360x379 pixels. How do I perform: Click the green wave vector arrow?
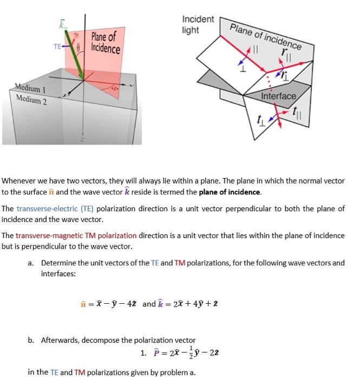(73, 57)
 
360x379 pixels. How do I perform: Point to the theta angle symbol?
(78, 47)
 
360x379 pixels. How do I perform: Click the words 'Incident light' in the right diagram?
(198, 24)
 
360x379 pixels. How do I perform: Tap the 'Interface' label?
(278, 96)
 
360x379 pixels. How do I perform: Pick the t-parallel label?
(295, 113)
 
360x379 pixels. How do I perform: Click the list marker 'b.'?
(32, 340)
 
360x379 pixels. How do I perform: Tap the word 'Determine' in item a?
(59, 263)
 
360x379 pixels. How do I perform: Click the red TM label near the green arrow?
(76, 35)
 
